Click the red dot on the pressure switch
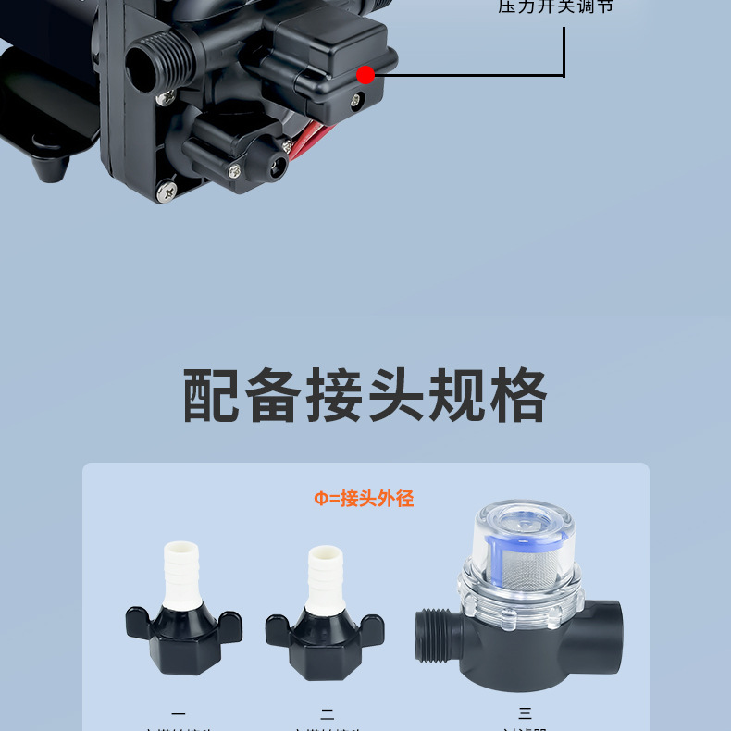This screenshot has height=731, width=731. (365, 75)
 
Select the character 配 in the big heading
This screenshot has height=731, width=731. (212, 396)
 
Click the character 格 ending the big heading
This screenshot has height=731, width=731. (517, 396)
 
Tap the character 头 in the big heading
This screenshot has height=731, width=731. (395, 396)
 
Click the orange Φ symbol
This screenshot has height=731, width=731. (320, 499)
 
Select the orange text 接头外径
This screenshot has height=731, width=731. (377, 499)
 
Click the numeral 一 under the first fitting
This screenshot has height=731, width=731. (179, 713)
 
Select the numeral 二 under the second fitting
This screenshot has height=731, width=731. (327, 713)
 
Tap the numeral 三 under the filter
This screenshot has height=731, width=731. (526, 713)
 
